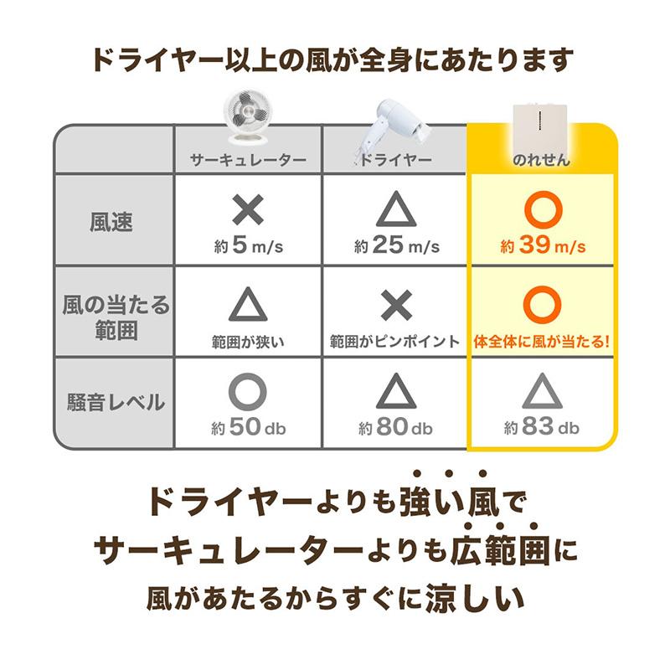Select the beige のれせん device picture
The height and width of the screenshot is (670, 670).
(542, 119)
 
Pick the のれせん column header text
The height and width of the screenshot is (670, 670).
(541, 159)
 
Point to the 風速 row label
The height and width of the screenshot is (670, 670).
(111, 222)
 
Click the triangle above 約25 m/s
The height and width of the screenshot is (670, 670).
(395, 211)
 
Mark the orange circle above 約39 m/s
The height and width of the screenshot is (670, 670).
(542, 211)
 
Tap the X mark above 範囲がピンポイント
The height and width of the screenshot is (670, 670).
(395, 305)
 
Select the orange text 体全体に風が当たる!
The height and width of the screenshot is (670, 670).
(542, 342)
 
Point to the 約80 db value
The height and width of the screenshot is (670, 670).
(395, 427)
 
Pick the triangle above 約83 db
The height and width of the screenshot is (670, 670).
(542, 391)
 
